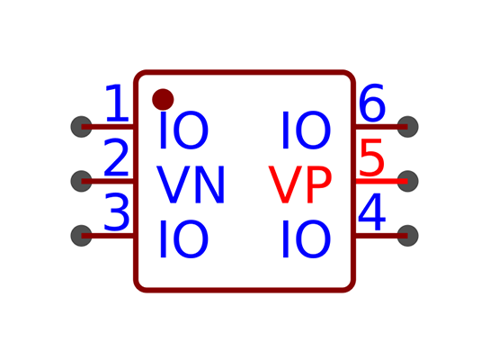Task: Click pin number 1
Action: pos(118,103)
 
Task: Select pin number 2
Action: pos(116,157)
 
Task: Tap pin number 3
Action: pos(117,212)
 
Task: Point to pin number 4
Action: pos(371,212)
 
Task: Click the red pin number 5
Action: pos(371,157)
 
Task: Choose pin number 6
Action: pos(372,103)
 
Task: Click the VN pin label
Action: pos(191,184)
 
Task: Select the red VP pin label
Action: pos(300,184)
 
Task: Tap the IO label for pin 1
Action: pos(183,130)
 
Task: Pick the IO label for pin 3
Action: pos(183,239)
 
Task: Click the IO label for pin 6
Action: pos(307,130)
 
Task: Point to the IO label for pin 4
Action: pos(307,239)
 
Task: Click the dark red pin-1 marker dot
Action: pos(163,100)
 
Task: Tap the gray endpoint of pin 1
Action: pos(82,127)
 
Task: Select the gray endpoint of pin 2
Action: pos(82,181)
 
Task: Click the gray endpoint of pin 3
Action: pos(82,236)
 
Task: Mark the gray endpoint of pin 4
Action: pos(408,236)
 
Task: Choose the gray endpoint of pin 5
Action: pos(408,181)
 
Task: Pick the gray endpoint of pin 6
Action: pos(408,127)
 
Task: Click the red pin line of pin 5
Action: pos(381,181)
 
